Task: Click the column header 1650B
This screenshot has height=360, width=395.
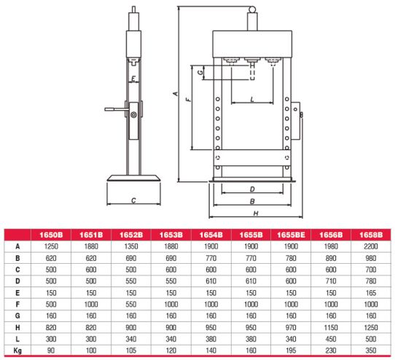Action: tap(51, 235)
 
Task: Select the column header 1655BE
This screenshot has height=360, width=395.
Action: tap(291, 235)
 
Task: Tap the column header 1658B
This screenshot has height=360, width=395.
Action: tap(371, 235)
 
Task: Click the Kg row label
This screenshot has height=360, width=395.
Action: tap(17, 351)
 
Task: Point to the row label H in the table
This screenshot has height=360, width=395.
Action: tap(17, 327)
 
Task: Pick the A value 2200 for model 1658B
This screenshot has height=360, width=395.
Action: tap(371, 246)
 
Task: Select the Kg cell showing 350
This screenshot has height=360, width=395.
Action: tap(371, 351)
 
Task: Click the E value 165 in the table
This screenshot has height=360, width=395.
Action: tap(371, 293)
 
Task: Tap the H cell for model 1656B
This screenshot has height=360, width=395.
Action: tap(331, 327)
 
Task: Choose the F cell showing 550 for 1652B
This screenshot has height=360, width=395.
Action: tap(131, 305)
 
